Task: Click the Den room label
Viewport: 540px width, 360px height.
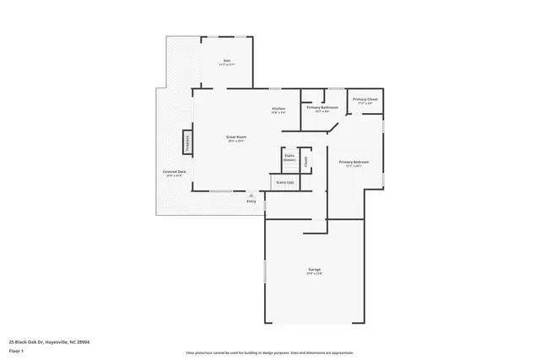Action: point(227,60)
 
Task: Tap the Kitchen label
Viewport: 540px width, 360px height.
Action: point(278,109)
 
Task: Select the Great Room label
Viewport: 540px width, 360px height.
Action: point(235,136)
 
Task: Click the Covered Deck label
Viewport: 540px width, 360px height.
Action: point(175,172)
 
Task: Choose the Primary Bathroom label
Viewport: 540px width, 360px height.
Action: point(322,107)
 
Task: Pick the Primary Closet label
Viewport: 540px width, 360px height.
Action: point(365,99)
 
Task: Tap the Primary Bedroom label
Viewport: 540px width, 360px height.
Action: point(354,162)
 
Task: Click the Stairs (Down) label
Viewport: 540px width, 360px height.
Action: point(289,158)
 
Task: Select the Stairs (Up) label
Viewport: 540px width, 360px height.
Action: point(285,182)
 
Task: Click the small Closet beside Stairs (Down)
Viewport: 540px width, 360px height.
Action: point(305,159)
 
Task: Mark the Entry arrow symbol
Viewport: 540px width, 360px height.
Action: point(251,195)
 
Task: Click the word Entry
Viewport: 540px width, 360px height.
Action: point(251,201)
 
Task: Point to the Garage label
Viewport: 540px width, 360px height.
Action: point(314,270)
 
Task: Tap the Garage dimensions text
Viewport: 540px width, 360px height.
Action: point(314,274)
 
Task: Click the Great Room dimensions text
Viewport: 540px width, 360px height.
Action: point(235,141)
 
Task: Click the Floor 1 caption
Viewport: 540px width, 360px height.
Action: point(17,352)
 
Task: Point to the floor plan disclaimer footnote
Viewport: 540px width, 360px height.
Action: point(270,352)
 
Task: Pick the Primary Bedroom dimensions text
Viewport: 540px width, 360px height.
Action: point(354,166)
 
